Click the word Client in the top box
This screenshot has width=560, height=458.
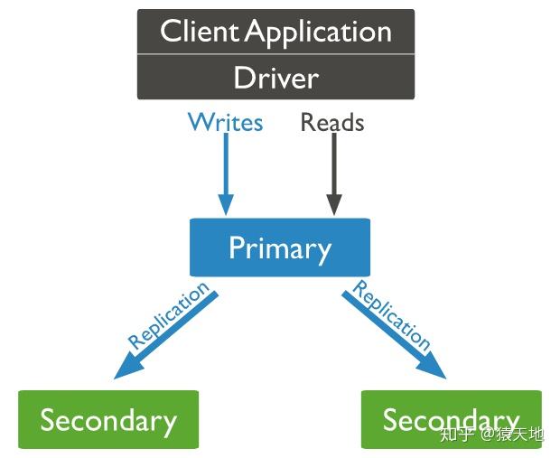coord(199,31)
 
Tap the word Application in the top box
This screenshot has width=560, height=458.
coord(319,33)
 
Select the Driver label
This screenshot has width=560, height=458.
coord(276,78)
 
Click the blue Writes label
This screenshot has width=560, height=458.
coord(226,122)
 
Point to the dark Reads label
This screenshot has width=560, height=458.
coord(332,122)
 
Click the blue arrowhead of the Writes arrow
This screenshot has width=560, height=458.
coord(226,204)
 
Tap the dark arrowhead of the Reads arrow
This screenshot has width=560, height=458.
coord(334,204)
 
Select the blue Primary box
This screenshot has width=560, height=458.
coord(280,248)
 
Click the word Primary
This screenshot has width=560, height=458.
coord(280,248)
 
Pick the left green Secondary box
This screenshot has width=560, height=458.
coord(108,419)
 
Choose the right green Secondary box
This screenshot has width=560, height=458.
coord(452,419)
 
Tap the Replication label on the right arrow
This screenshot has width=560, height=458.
coord(391,314)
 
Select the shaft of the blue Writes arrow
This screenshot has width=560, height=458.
coord(226,164)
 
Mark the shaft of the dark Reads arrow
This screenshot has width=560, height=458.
coord(334,164)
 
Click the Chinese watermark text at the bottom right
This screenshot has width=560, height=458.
coord(491,434)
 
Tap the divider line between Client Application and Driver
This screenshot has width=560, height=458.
coord(275,54)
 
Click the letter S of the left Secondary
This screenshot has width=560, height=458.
coord(48,419)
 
